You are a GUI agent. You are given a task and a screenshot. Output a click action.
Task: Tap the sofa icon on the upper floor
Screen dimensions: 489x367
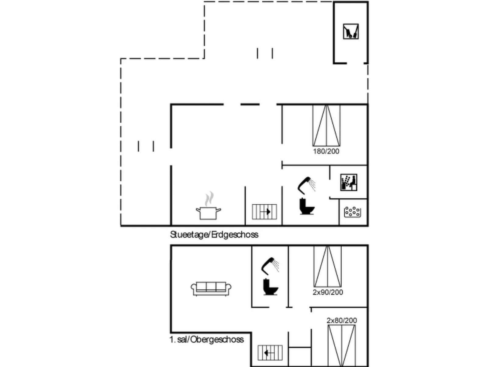click(x=211, y=289)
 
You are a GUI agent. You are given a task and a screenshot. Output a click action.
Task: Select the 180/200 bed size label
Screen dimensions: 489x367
click(x=326, y=151)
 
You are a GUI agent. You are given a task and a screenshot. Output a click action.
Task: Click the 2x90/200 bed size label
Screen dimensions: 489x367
click(x=328, y=292)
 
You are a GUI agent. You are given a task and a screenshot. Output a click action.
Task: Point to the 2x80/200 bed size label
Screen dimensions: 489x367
click(x=342, y=320)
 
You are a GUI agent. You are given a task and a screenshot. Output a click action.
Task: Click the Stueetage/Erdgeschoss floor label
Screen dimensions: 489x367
click(x=214, y=235)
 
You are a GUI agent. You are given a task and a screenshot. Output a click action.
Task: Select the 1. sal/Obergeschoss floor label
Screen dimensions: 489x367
click(x=206, y=340)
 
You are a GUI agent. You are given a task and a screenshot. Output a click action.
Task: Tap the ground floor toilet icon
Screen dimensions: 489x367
click(x=307, y=206)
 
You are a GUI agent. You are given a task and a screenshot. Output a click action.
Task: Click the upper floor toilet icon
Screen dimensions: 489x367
click(x=271, y=287)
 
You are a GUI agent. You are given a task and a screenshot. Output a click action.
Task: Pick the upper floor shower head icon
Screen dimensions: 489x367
click(x=270, y=266)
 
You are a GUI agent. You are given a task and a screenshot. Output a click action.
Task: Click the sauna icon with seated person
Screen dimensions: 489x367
click(x=349, y=182)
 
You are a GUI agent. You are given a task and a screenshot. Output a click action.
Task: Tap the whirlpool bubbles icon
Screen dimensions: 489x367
click(x=352, y=212)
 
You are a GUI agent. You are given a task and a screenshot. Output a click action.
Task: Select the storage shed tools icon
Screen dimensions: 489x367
click(x=351, y=31)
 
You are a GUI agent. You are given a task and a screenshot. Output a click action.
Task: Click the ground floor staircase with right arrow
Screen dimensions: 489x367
click(x=264, y=212)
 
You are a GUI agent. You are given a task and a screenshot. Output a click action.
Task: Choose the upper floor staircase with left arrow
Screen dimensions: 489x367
click(x=270, y=353)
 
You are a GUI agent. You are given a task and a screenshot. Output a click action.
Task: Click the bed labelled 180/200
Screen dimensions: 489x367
click(x=326, y=125)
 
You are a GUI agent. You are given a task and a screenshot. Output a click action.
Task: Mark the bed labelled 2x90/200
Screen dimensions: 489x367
click(x=328, y=266)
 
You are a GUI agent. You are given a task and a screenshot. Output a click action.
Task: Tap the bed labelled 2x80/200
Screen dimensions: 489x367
click(x=342, y=345)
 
